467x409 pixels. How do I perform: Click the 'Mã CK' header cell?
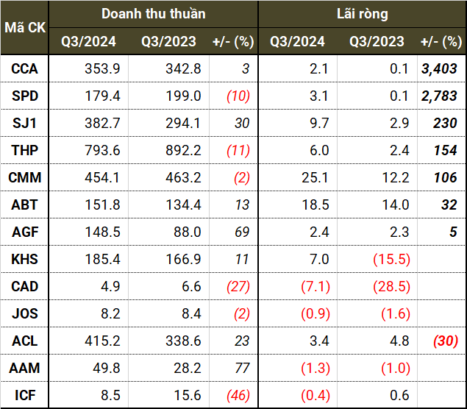tap(25, 28)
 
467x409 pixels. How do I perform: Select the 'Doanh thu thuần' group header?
tap(154, 14)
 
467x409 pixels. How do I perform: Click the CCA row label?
tap(25, 69)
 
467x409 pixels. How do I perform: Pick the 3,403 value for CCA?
tap(439, 69)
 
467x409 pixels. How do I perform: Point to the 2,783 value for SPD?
tap(439, 96)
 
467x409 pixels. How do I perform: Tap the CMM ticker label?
tap(25, 177)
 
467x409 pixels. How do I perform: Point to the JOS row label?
tap(25, 313)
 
